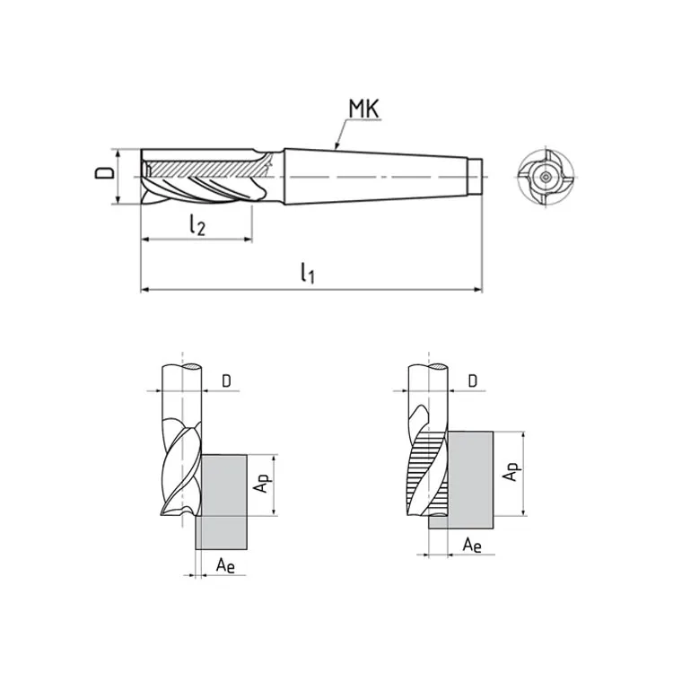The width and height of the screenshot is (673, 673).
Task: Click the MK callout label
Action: pos(364,109)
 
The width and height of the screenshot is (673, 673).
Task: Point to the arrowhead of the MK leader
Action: pos(337,145)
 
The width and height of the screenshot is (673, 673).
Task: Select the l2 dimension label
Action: pos(197,224)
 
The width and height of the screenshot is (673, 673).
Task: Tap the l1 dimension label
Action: pos(307,273)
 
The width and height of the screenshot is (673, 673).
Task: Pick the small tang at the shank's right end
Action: pos(475,177)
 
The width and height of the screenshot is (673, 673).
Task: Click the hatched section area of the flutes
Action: pos(202,169)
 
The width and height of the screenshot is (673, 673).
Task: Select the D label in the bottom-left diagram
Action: pos(226,380)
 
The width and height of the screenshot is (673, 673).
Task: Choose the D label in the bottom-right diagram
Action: pos(472,380)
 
